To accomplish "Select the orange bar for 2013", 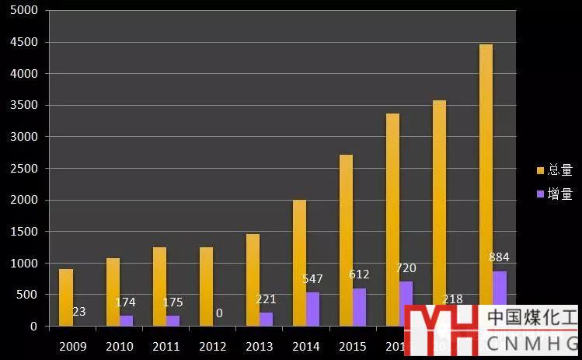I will pyautogui.click(x=253, y=280).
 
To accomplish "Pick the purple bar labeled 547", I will pyautogui.click(x=312, y=309).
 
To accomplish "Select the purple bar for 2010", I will pyautogui.click(x=126, y=320).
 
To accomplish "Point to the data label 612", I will pyautogui.click(x=359, y=274).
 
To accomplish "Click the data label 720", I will pyautogui.click(x=406, y=268).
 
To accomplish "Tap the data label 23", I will pyautogui.click(x=78, y=312).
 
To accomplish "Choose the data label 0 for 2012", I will pyautogui.click(x=219, y=313).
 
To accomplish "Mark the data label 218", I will pyautogui.click(x=452, y=299).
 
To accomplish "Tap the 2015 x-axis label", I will pyautogui.click(x=352, y=346).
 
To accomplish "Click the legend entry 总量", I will pyautogui.click(x=555, y=170).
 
